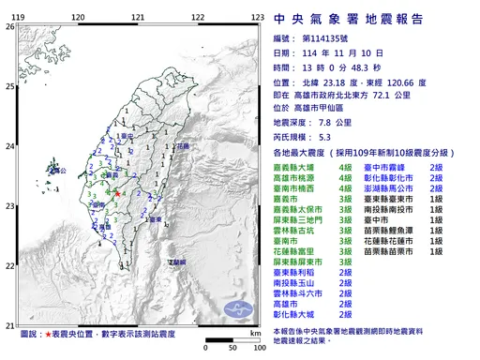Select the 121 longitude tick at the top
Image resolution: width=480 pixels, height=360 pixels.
pyautogui.click(x=139, y=18)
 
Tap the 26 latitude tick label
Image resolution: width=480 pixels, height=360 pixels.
pyautogui.click(x=10, y=27)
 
